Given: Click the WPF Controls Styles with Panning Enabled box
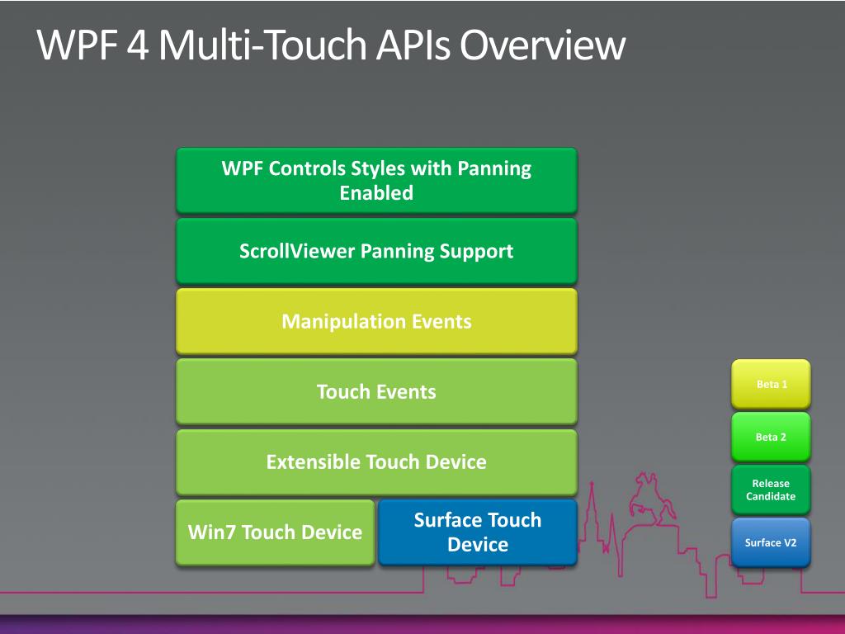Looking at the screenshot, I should (x=376, y=180).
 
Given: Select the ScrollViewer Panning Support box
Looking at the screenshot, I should (x=376, y=251).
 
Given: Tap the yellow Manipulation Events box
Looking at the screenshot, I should (x=376, y=321).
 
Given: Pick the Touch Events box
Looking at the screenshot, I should (x=376, y=391).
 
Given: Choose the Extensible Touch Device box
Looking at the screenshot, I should (x=376, y=461).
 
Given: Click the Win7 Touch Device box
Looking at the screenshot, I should (x=275, y=532).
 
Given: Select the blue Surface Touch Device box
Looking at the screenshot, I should (x=477, y=532).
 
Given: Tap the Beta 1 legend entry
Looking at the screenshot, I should (x=771, y=384).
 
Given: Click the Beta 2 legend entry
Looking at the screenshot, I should (x=771, y=437).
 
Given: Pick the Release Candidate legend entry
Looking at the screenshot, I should (x=771, y=490).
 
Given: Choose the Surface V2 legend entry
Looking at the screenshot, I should (x=771, y=542).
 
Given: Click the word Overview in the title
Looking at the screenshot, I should (x=542, y=45).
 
